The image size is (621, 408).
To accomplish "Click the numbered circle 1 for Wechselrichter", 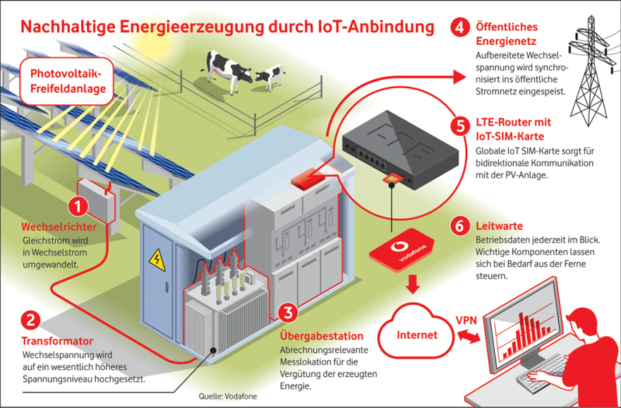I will point(78,206).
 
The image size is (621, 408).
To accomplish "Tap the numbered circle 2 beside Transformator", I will point(30,320).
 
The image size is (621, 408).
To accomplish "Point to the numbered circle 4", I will point(459,28).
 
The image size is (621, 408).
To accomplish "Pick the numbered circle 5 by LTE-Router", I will point(459,126).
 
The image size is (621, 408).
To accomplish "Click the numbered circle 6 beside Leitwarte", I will point(459,226).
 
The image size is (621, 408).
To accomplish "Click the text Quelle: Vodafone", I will point(227,396).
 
